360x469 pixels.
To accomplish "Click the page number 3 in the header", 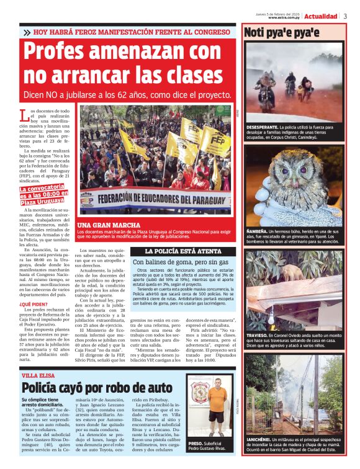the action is point(345,16).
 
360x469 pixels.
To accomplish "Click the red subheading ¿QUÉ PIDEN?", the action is point(34,304).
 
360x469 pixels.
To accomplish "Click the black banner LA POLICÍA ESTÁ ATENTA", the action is point(174,251).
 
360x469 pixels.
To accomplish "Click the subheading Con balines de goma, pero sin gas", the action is point(175,262).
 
